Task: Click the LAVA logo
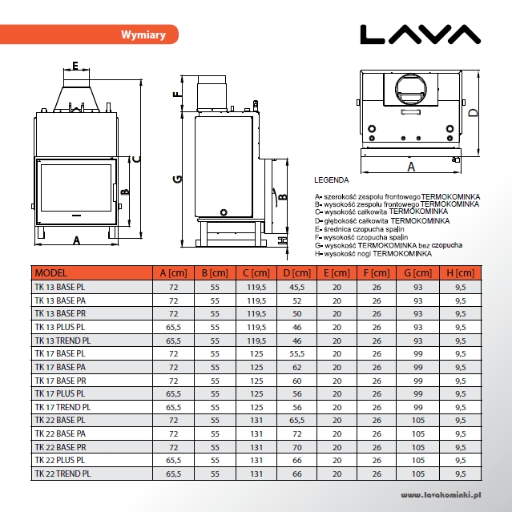(x=420, y=34)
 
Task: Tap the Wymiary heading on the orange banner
(x=143, y=34)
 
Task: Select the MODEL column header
(x=51, y=273)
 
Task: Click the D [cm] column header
(x=296, y=273)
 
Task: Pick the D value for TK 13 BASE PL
(x=296, y=288)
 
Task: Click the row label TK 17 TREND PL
(x=62, y=407)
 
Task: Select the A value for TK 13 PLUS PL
(x=173, y=327)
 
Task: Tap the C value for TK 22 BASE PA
(x=256, y=434)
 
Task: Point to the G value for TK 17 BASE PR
(x=418, y=381)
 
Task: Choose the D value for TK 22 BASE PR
(x=296, y=447)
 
